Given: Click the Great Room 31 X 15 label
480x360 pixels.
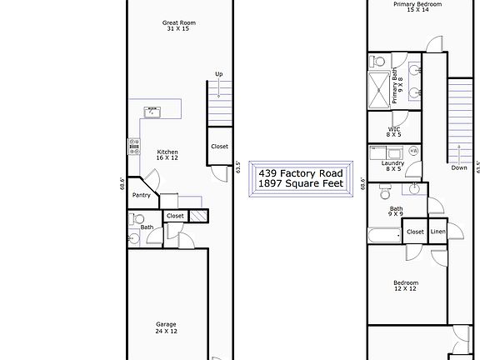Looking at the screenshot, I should pyautogui.click(x=179, y=26).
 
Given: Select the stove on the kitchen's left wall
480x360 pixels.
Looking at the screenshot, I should pyautogui.click(x=132, y=147).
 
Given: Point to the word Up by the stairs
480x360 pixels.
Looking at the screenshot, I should pyautogui.click(x=218, y=74).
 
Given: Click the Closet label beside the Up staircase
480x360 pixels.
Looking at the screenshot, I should pyautogui.click(x=219, y=147).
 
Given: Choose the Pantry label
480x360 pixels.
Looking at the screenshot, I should pyautogui.click(x=141, y=195).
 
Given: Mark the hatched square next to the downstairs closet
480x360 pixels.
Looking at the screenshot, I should pyautogui.click(x=197, y=216).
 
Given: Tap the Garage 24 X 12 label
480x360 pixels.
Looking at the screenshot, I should pyautogui.click(x=166, y=327).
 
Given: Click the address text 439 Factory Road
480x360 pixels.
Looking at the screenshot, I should pyautogui.click(x=301, y=172).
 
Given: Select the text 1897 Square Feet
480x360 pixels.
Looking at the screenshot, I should pyautogui.click(x=301, y=183).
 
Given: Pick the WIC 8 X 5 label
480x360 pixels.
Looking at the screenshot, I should pyautogui.click(x=394, y=132).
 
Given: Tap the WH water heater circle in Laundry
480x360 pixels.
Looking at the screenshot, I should pyautogui.click(x=413, y=151).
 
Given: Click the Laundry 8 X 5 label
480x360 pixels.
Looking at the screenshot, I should pyautogui.click(x=392, y=166).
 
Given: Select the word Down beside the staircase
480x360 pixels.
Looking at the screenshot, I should pyautogui.click(x=459, y=167).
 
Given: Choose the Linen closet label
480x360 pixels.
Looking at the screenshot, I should pyautogui.click(x=437, y=232).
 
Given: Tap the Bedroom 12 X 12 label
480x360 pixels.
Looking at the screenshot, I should pyautogui.click(x=406, y=286).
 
